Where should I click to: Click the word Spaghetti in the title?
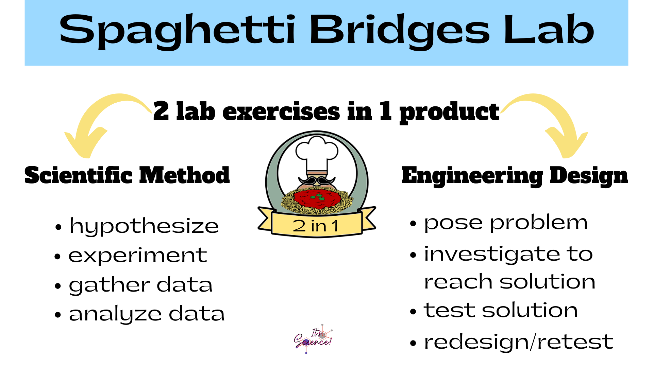point(177,31)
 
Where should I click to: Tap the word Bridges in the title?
point(400,31)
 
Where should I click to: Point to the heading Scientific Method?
point(127,175)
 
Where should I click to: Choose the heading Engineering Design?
point(515,176)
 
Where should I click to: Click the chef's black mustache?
point(317,180)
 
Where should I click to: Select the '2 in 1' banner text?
point(316,226)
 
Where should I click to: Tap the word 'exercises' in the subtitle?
point(281,111)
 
